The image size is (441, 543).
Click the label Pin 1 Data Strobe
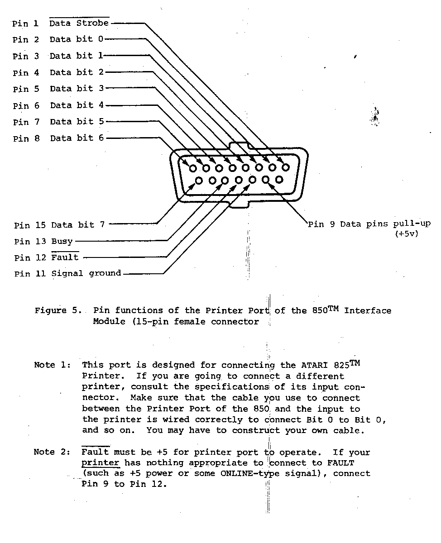point(61,23)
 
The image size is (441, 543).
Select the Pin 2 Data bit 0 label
point(58,39)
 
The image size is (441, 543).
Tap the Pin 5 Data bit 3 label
point(58,89)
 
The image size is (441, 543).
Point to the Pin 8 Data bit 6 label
point(58,138)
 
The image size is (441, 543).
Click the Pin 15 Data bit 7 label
point(59,225)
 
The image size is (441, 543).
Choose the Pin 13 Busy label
point(43,242)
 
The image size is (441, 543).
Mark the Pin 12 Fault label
point(47,258)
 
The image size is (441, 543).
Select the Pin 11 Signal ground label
point(67,274)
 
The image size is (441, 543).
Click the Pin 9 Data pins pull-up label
point(369,224)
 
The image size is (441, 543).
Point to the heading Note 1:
point(50,365)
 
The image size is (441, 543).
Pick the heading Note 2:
point(50,452)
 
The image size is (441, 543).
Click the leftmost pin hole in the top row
point(193,168)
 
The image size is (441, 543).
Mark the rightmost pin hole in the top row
point(286,167)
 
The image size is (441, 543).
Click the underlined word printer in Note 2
point(101,463)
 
